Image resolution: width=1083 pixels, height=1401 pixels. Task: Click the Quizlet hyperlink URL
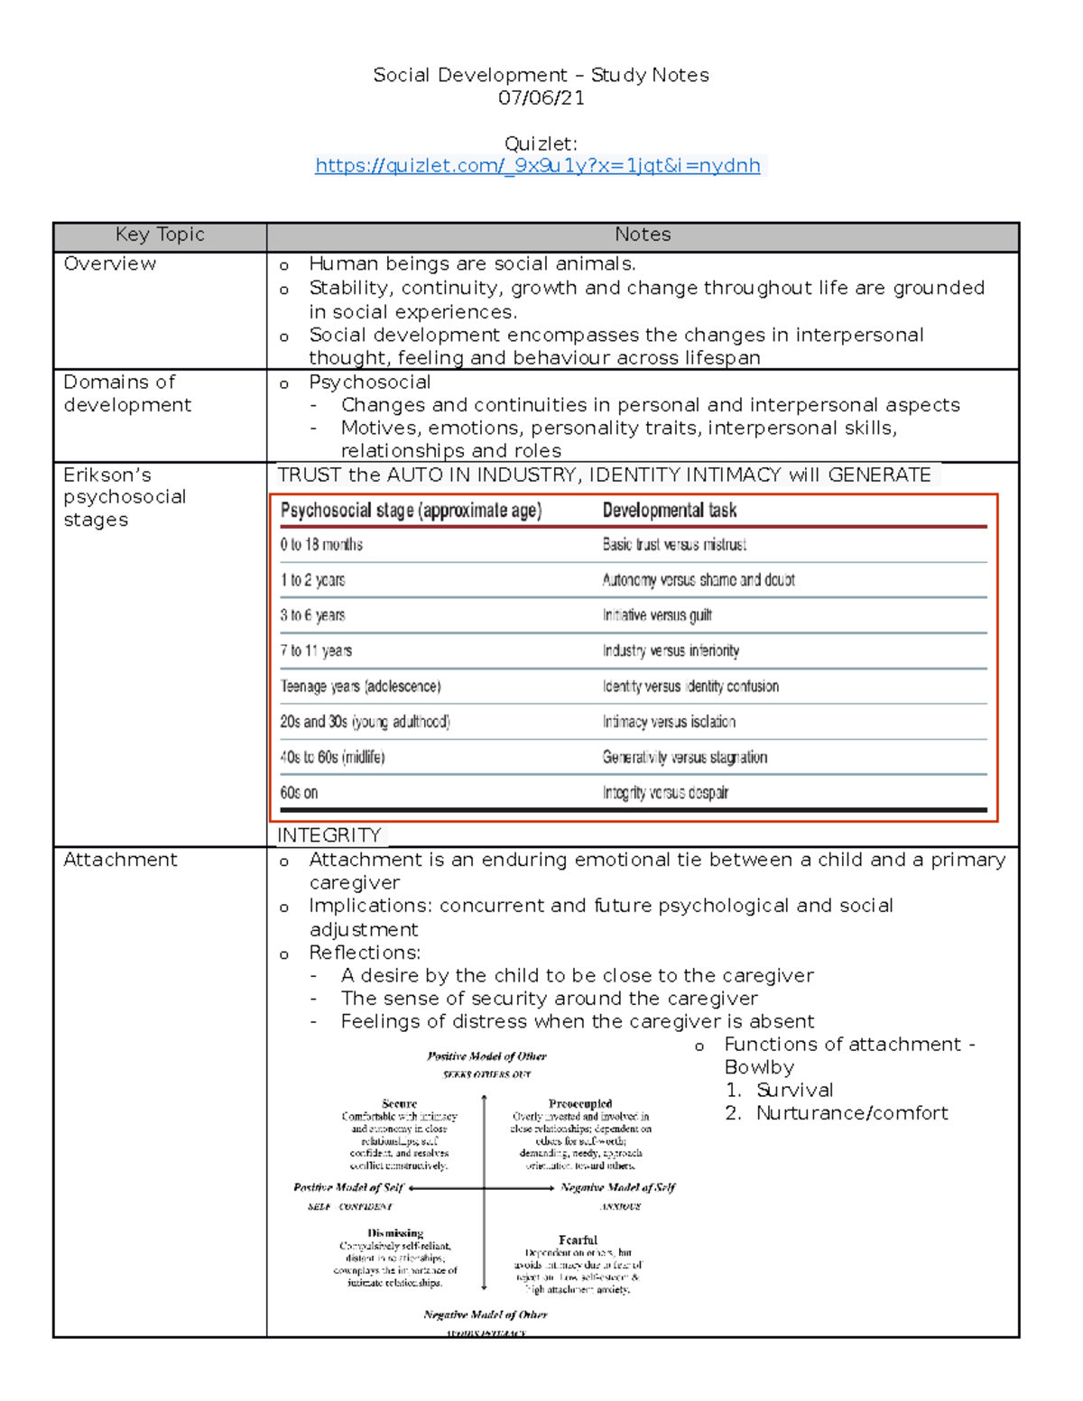point(538,166)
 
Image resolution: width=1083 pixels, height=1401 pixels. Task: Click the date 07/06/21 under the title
point(541,98)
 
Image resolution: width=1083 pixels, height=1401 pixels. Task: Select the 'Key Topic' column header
point(160,235)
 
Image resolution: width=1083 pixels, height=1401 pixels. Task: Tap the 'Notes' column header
point(643,235)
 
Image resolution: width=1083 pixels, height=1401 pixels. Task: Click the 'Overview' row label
point(109,264)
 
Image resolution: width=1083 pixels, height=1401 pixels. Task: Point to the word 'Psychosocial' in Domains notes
point(369,383)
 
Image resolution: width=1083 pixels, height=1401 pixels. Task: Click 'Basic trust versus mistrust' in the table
point(674,545)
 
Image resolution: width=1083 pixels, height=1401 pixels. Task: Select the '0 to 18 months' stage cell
point(321,545)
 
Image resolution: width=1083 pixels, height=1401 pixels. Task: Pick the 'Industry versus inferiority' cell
point(671,651)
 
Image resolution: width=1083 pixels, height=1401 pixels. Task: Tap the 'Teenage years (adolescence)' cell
point(360,687)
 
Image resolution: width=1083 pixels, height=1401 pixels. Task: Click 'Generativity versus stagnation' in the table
point(685,758)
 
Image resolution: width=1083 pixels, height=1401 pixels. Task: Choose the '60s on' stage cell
point(299,793)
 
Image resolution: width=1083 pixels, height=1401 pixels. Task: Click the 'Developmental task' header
point(670,511)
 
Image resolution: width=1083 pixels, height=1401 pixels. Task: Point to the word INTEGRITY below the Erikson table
point(329,835)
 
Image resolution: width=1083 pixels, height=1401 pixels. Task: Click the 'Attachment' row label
point(120,861)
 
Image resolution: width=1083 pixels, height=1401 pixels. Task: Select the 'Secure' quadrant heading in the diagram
point(399,1103)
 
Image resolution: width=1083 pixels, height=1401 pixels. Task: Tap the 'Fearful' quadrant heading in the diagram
point(578,1240)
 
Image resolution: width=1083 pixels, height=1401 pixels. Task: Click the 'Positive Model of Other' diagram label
point(486,1056)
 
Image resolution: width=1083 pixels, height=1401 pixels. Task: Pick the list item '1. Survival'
point(780,1091)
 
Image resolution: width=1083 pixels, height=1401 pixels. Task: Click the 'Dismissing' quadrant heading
point(395,1232)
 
